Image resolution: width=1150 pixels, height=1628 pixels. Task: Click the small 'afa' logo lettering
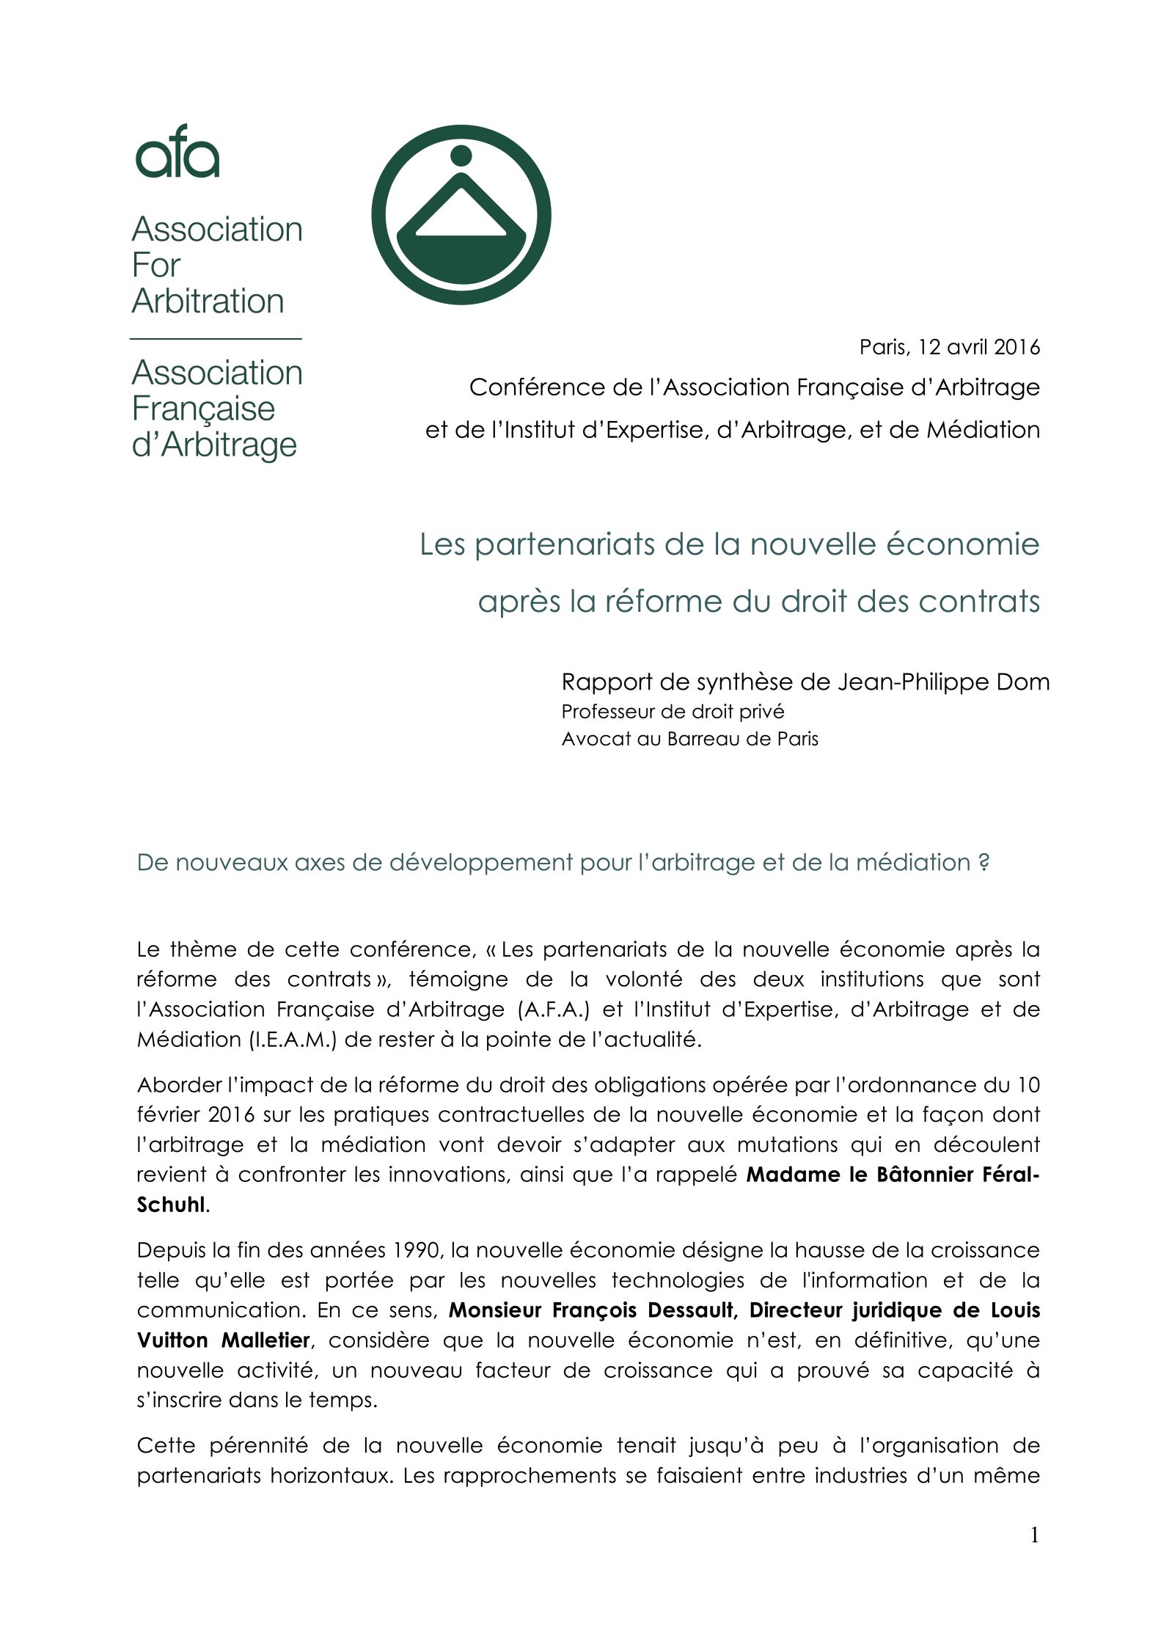177,152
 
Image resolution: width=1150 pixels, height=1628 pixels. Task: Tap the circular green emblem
461,215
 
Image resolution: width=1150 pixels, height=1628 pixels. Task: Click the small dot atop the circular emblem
461,156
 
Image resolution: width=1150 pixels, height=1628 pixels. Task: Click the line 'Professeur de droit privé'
673,712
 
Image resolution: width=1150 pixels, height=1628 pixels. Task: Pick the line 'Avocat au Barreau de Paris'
689,738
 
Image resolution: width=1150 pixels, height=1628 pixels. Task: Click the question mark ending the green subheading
984,863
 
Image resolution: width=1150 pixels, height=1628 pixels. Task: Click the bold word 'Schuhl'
170,1205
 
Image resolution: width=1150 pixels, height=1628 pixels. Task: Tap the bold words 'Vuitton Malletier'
224,1340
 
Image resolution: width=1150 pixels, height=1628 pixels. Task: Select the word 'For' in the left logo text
156,265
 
